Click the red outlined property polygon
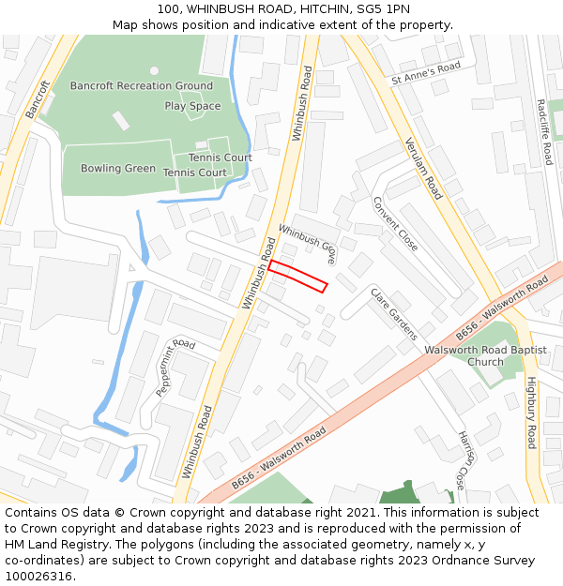click(297, 277)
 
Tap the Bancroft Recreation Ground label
click(141, 86)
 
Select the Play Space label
click(192, 106)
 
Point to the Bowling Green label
click(118, 169)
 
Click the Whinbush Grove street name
click(307, 243)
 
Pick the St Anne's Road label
click(426, 73)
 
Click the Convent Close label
click(395, 223)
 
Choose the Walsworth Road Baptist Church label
click(485, 355)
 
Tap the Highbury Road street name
click(531, 413)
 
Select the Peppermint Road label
click(175, 367)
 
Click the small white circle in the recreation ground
click(154, 70)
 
